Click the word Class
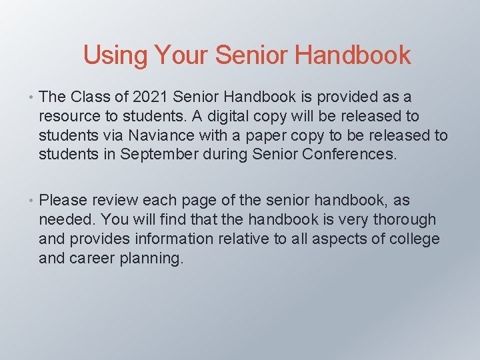[91, 97]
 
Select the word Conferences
[345, 155]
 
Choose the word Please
[63, 200]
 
